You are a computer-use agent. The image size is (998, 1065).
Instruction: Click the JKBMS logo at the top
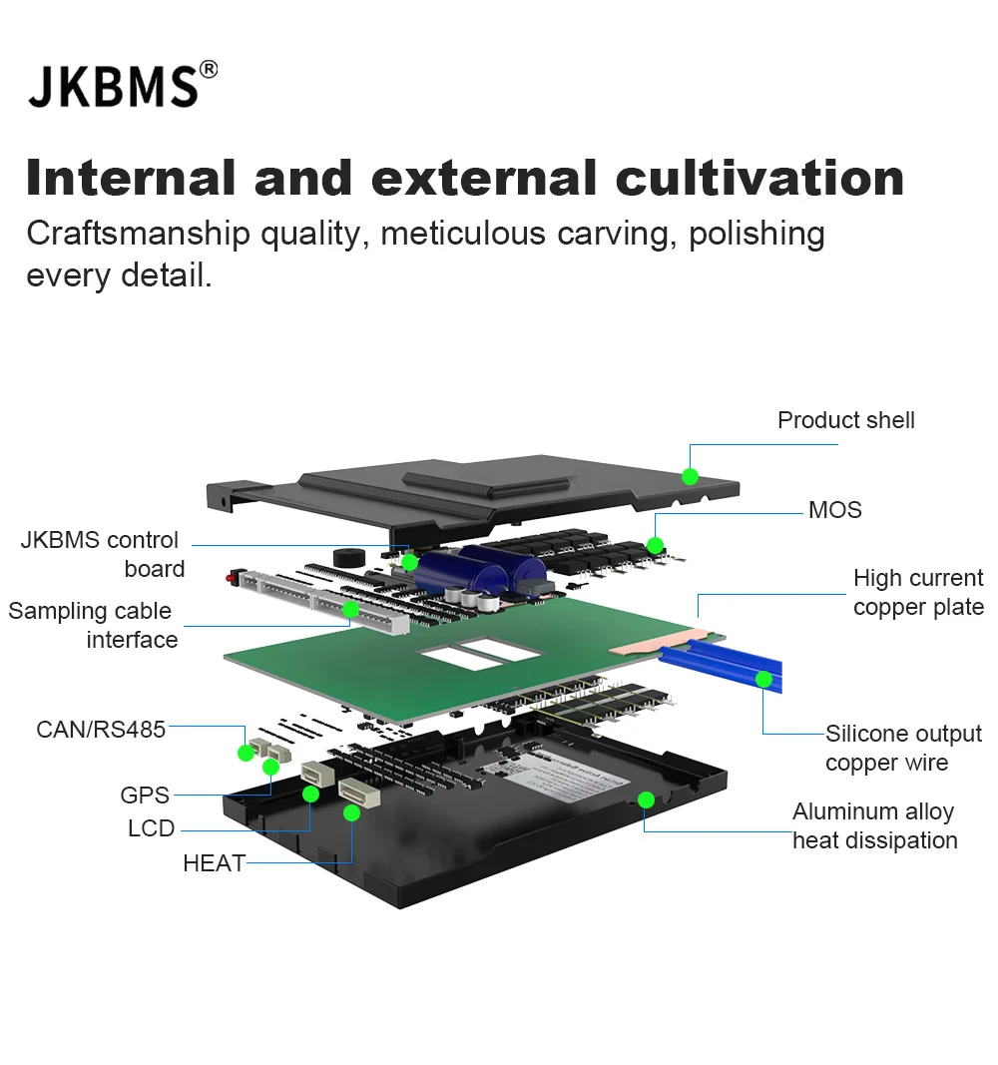pyautogui.click(x=114, y=86)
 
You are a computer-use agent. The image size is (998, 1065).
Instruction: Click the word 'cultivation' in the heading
pyautogui.click(x=760, y=178)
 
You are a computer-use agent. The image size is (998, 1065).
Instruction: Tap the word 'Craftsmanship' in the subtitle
pyautogui.click(x=138, y=234)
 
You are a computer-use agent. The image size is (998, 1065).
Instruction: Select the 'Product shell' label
pyautogui.click(x=845, y=420)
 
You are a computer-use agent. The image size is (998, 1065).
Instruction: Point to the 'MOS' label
pyautogui.click(x=834, y=510)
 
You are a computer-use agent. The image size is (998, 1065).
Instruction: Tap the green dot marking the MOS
pyautogui.click(x=655, y=545)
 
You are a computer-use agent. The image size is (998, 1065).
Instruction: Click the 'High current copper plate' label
pyautogui.click(x=917, y=593)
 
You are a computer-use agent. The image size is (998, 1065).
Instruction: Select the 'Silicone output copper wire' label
pyautogui.click(x=902, y=749)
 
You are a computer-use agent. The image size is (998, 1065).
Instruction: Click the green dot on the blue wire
pyautogui.click(x=763, y=680)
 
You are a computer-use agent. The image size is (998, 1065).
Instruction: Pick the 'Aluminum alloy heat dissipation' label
pyautogui.click(x=874, y=826)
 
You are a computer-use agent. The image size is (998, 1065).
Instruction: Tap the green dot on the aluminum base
pyautogui.click(x=646, y=799)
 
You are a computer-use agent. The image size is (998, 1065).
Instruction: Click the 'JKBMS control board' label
pyautogui.click(x=101, y=554)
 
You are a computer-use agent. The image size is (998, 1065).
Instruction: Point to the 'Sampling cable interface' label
pyautogui.click(x=92, y=625)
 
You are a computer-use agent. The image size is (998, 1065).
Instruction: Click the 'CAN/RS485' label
pyautogui.click(x=101, y=730)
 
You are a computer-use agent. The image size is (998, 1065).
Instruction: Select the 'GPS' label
pyautogui.click(x=145, y=796)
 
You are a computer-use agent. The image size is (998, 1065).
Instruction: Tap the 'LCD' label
pyautogui.click(x=151, y=828)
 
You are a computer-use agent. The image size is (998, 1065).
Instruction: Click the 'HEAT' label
pyautogui.click(x=214, y=863)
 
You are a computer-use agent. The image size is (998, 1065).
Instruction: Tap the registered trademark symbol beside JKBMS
pyautogui.click(x=208, y=69)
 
